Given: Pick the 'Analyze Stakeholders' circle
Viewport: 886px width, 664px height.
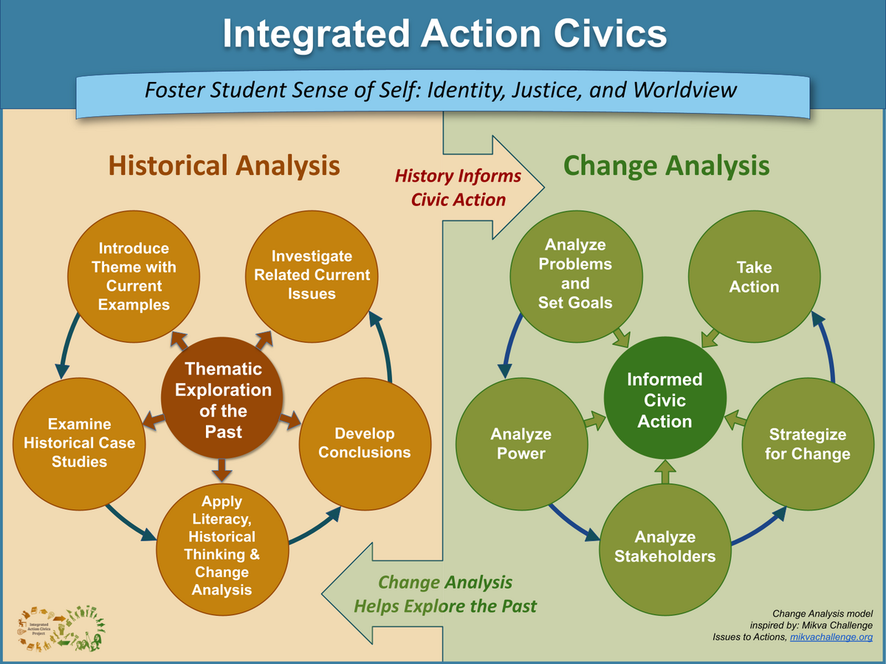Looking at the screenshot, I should [664, 547].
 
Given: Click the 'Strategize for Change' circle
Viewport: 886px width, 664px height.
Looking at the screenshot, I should [807, 443].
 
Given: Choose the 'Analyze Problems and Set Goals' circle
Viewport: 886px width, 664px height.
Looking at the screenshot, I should [575, 274].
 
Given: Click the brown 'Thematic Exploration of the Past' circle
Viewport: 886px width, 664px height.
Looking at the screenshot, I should [223, 399].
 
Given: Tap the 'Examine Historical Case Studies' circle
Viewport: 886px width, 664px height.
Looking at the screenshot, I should [79, 442].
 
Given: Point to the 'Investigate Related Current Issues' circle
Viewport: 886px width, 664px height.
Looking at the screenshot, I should [312, 275].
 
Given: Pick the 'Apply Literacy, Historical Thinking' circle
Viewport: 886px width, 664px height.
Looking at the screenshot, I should [221, 547].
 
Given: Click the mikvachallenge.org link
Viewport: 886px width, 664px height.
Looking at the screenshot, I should [831, 637].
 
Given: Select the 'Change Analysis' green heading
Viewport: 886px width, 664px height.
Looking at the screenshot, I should [665, 165].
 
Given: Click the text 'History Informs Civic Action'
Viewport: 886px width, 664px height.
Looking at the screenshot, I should [458, 188].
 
